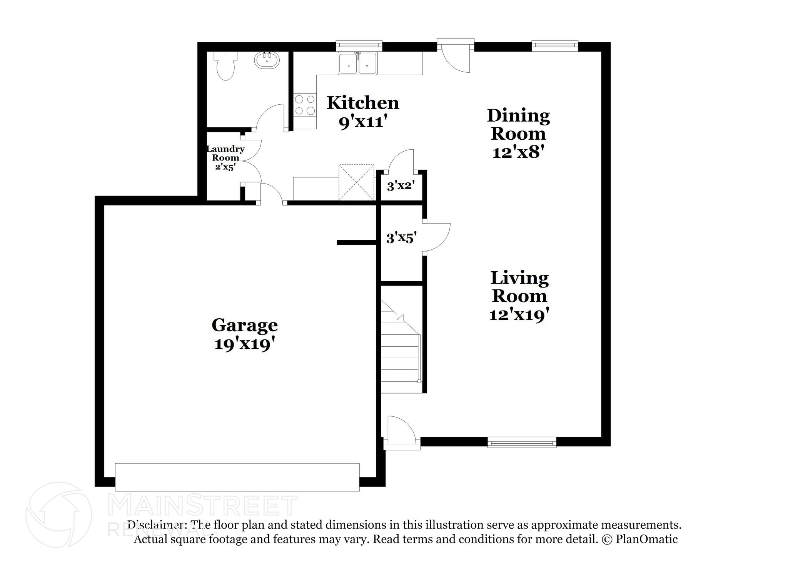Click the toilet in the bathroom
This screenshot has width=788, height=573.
pos(225,67)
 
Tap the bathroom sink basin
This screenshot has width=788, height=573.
pos(267,61)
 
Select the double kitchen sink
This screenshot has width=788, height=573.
pos(357,63)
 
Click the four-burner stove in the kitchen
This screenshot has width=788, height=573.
pos(305,105)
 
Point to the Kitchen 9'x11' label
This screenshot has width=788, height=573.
pos(363,112)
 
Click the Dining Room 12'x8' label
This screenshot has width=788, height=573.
pos(518,133)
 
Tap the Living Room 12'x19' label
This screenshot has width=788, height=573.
pos(519,296)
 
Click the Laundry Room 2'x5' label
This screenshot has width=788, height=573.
pos(225,158)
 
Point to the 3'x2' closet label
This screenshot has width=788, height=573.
pos(400,186)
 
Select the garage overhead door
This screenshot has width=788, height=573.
pos(237,477)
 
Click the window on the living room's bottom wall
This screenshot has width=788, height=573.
pos(522,442)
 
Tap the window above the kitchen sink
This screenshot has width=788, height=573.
pos(359,46)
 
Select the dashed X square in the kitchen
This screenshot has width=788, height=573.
pos(356,182)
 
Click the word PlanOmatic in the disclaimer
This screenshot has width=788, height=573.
pos(646,539)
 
